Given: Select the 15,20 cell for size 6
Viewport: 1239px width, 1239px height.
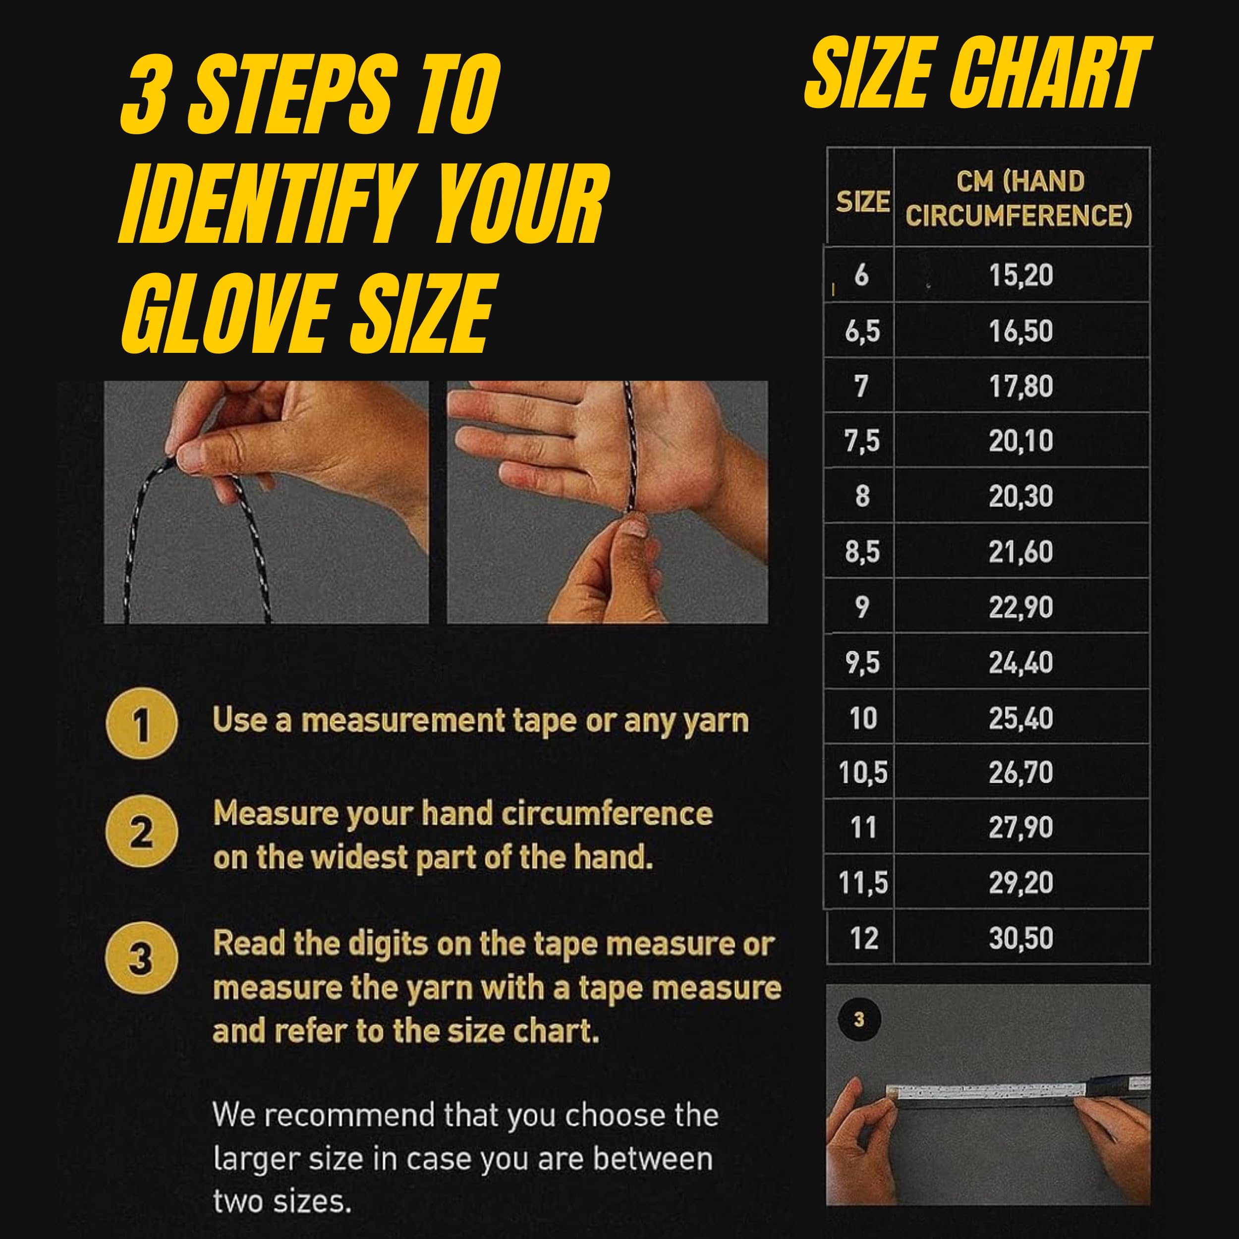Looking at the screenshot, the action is [1021, 275].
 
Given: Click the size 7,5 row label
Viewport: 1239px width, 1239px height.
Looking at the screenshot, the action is [862, 441].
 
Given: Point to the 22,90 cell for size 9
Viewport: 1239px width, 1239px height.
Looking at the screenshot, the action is [1021, 607].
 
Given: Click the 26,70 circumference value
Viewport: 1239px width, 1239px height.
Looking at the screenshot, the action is [1021, 773].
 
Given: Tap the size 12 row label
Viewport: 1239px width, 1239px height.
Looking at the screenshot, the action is [864, 938].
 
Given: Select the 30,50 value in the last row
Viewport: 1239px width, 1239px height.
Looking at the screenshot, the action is [1021, 938].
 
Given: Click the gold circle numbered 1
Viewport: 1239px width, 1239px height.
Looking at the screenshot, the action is [142, 724].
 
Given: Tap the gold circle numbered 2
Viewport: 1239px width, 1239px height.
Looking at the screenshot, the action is [141, 831].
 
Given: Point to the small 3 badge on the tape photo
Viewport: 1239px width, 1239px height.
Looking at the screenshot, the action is [859, 1019].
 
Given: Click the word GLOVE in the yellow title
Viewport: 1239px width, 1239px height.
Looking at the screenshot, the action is [227, 314].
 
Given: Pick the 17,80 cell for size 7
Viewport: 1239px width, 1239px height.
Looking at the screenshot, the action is [1021, 386].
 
